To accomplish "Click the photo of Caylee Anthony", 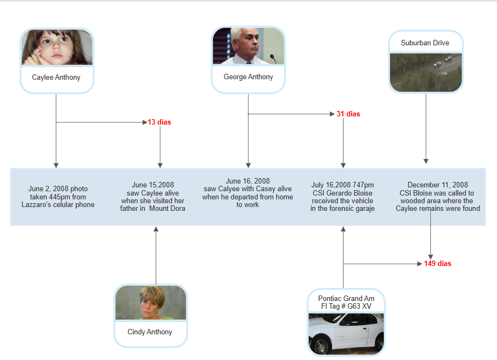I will pyautogui.click(x=57, y=48).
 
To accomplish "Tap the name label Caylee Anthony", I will pyautogui.click(x=56, y=78).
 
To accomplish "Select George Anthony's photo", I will pyautogui.click(x=248, y=46).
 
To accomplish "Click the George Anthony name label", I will pyautogui.click(x=248, y=77).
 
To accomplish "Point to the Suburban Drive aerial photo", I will pyautogui.click(x=425, y=72).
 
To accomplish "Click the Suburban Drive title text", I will pyautogui.click(x=425, y=43).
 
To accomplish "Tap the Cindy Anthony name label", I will pyautogui.click(x=150, y=332).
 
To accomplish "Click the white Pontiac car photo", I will pyautogui.click(x=346, y=333).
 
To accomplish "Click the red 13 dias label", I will pyautogui.click(x=159, y=122).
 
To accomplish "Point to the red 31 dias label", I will pyautogui.click(x=348, y=114).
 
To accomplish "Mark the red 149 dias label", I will pyautogui.click(x=437, y=264).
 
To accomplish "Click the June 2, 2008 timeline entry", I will pyautogui.click(x=58, y=197).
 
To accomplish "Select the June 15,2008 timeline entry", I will pyautogui.click(x=153, y=197).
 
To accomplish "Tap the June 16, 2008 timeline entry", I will pyautogui.click(x=248, y=193).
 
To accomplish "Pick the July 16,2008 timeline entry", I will pyautogui.click(x=342, y=197).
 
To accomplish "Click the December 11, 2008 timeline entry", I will pyautogui.click(x=437, y=197).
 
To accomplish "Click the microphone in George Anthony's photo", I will pyautogui.click(x=273, y=57).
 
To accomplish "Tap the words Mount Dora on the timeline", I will pyautogui.click(x=167, y=209).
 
